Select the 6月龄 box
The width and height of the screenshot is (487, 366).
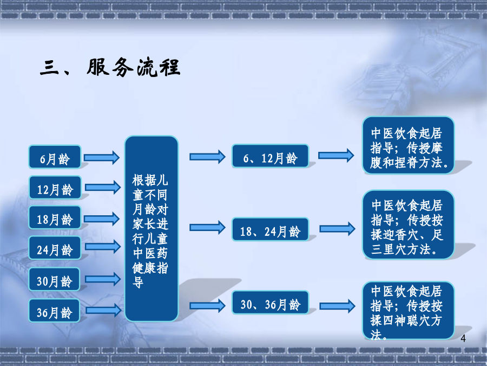click(55, 157)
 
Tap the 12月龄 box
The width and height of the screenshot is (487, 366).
click(55, 188)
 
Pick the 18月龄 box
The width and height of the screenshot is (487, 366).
click(55, 217)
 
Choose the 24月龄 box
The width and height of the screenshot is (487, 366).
click(55, 248)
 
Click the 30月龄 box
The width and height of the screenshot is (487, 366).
click(54, 279)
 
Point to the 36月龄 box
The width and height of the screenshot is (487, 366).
click(54, 311)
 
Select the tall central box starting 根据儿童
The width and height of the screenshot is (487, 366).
click(152, 229)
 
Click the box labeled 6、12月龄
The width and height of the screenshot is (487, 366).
click(270, 156)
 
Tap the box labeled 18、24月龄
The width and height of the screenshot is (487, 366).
click(270, 229)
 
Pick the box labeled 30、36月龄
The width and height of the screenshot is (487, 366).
click(270, 302)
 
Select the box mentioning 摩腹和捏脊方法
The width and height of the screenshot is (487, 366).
click(408, 145)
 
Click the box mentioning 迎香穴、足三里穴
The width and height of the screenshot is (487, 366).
click(408, 224)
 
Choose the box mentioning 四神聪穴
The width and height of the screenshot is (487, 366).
click(408, 311)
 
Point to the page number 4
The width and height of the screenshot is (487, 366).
click(463, 338)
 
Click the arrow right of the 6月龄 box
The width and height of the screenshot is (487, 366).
click(102, 157)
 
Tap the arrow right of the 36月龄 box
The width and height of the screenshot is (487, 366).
click(104, 310)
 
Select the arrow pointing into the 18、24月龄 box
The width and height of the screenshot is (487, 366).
click(207, 228)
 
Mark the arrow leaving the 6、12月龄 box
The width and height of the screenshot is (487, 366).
click(336, 155)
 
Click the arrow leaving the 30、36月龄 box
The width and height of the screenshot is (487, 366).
click(337, 306)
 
